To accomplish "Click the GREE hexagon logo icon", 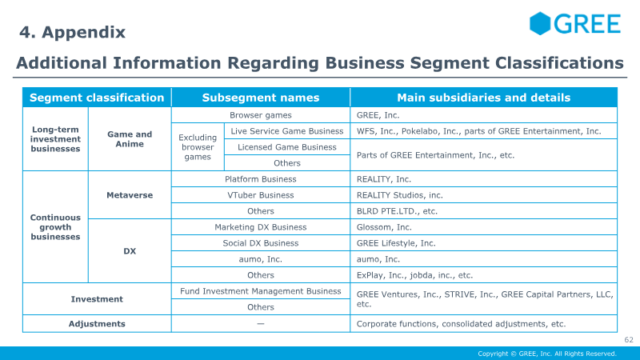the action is click(540, 23).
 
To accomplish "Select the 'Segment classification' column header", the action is click(97, 98).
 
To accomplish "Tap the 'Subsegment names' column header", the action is click(261, 98).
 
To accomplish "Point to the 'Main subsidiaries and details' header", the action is click(484, 98).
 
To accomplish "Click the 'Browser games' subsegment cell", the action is click(261, 115).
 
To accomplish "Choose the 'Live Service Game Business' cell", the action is click(287, 131).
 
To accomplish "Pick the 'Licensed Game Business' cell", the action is click(287, 147).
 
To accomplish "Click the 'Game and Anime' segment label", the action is click(130, 138).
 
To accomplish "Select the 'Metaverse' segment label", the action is click(130, 195).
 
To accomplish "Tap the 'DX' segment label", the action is click(130, 251).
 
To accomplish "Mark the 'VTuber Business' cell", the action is click(261, 195).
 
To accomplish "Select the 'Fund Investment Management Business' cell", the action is click(261, 291).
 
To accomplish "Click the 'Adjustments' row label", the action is click(97, 324).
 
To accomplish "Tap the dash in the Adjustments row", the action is click(261, 324).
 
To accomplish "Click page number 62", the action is click(629, 339).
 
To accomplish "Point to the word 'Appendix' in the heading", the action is click(84, 32).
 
